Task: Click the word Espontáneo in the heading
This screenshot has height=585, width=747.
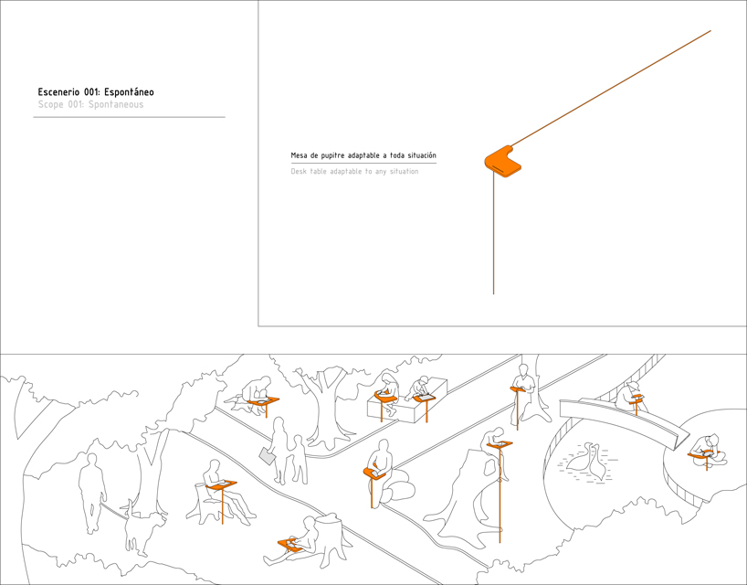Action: [x=129, y=92]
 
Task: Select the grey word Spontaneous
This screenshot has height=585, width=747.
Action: [x=116, y=104]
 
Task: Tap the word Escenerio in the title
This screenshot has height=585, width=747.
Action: [x=59, y=92]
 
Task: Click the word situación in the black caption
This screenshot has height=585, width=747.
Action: [x=422, y=155]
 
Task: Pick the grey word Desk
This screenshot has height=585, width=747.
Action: [x=299, y=171]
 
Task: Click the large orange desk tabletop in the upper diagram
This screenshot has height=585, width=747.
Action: [x=502, y=161]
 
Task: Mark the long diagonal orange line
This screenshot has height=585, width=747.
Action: [x=611, y=88]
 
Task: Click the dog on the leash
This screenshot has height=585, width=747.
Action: [x=144, y=526]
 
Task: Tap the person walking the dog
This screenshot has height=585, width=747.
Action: [x=92, y=493]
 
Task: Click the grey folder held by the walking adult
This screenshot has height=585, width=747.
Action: [x=268, y=456]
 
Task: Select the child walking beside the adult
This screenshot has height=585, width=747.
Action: [x=299, y=459]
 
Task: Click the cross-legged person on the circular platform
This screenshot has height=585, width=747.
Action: [x=709, y=451]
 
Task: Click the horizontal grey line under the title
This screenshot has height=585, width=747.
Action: [x=129, y=117]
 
